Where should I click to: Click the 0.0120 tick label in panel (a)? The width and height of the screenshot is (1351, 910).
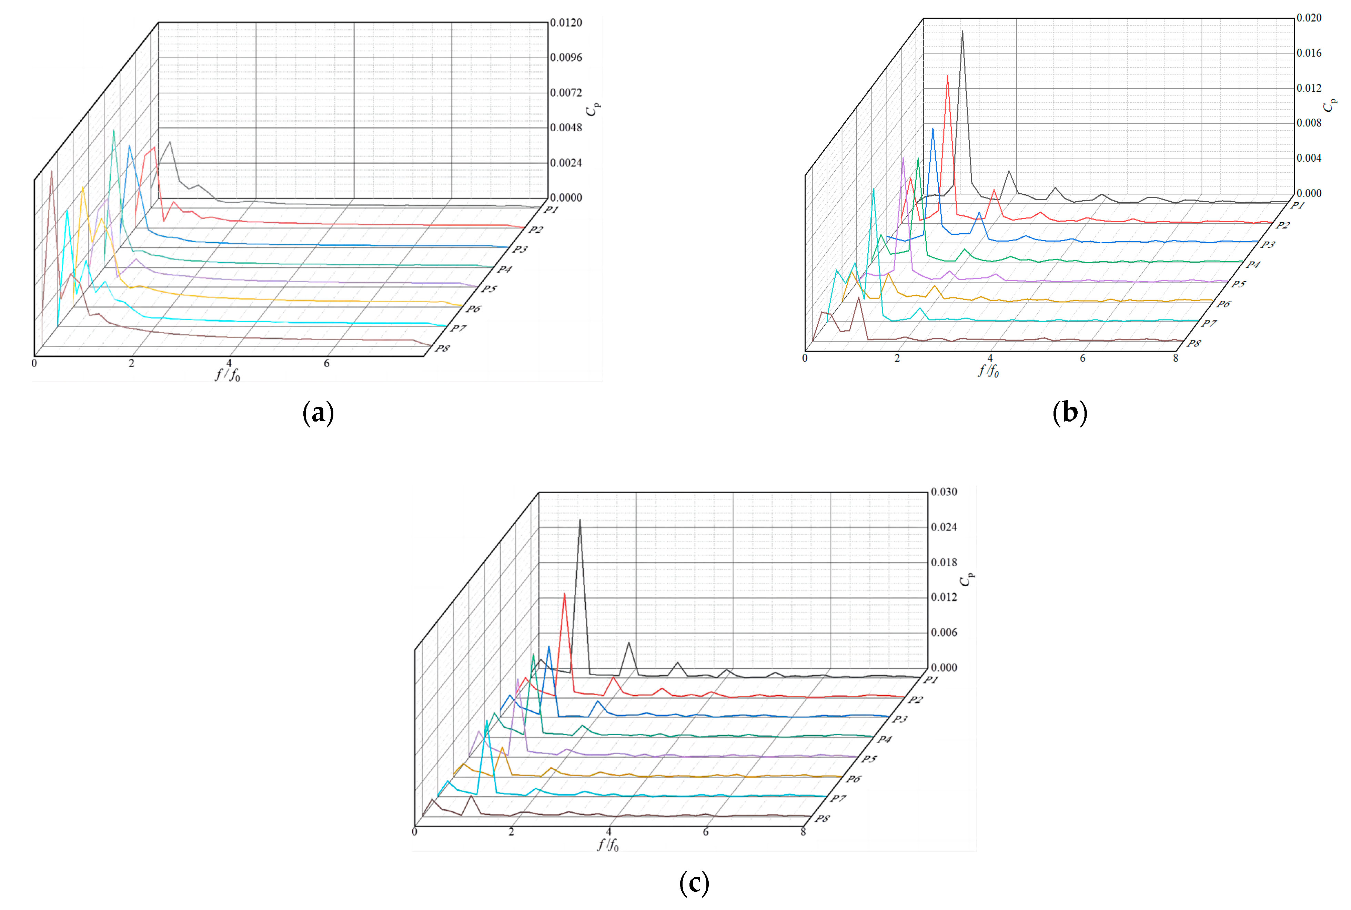pyautogui.click(x=565, y=23)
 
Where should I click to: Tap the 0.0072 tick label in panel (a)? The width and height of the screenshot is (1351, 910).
pyautogui.click(x=565, y=93)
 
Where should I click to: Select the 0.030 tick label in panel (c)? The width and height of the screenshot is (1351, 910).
pyautogui.click(x=944, y=492)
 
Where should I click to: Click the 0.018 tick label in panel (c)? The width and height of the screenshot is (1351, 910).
pyautogui.click(x=944, y=562)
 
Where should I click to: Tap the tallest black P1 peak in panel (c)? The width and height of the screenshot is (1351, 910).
pyautogui.click(x=579, y=520)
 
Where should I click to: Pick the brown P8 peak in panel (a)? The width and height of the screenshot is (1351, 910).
pyautogui.click(x=51, y=171)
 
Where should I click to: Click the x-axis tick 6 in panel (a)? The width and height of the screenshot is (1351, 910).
pyautogui.click(x=327, y=363)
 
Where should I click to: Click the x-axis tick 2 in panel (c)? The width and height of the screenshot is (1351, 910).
pyautogui.click(x=511, y=832)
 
